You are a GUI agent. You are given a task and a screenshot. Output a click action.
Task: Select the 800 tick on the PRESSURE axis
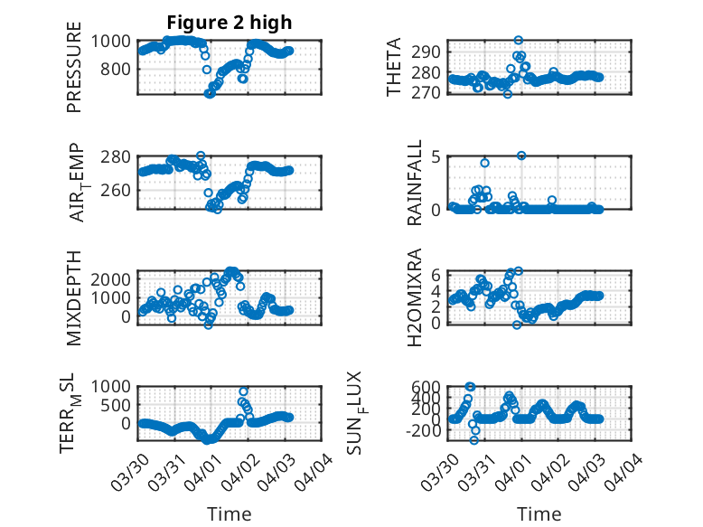click(120, 69)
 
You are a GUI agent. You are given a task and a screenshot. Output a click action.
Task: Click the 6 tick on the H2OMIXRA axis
click(435, 274)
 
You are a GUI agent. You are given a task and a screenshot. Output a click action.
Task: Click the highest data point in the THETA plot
click(519, 41)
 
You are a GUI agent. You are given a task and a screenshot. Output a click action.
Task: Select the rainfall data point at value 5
click(521, 155)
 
